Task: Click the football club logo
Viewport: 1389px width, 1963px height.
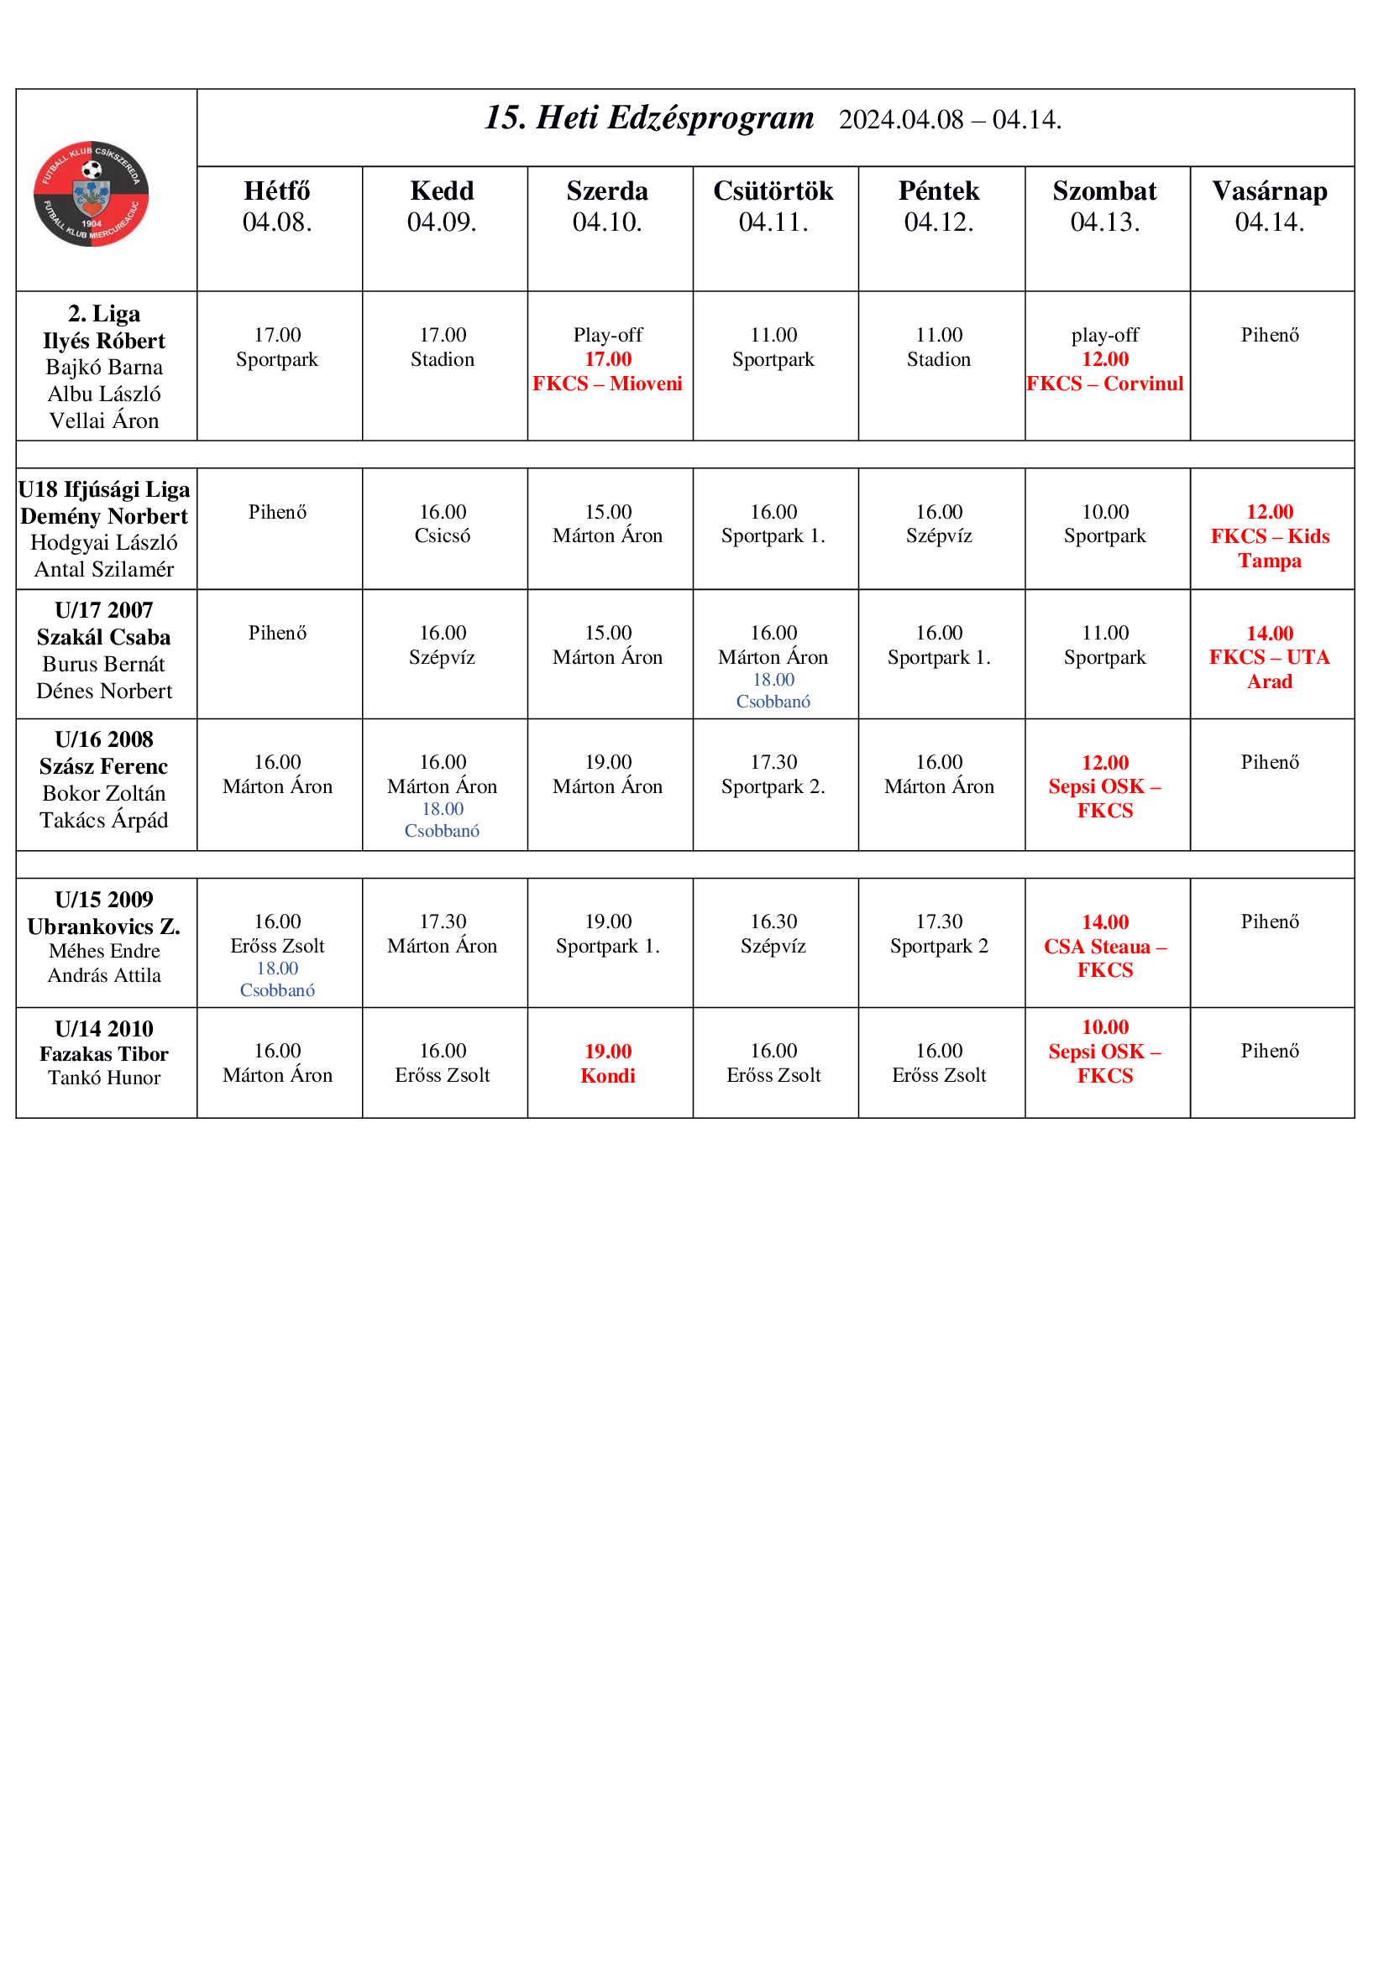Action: [x=91, y=194]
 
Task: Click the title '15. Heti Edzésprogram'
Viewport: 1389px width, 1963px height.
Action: [x=649, y=118]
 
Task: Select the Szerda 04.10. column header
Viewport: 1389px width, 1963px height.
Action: [x=607, y=206]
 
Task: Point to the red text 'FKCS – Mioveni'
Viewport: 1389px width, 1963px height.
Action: [x=607, y=384]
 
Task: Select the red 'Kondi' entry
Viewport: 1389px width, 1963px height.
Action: [x=607, y=1076]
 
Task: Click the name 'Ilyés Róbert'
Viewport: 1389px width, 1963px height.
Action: [x=103, y=341]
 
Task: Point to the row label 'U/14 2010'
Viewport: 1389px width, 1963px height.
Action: [x=103, y=1029]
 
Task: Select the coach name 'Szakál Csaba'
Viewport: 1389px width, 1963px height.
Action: [x=103, y=637]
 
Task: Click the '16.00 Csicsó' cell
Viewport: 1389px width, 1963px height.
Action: [x=443, y=524]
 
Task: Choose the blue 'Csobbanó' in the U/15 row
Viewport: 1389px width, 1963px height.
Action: [x=277, y=990]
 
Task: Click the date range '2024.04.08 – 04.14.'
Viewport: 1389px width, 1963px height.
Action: [x=950, y=120]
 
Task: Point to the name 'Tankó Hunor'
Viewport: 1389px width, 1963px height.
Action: [x=103, y=1078]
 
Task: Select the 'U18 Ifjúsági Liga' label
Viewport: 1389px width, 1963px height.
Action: [x=103, y=490]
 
